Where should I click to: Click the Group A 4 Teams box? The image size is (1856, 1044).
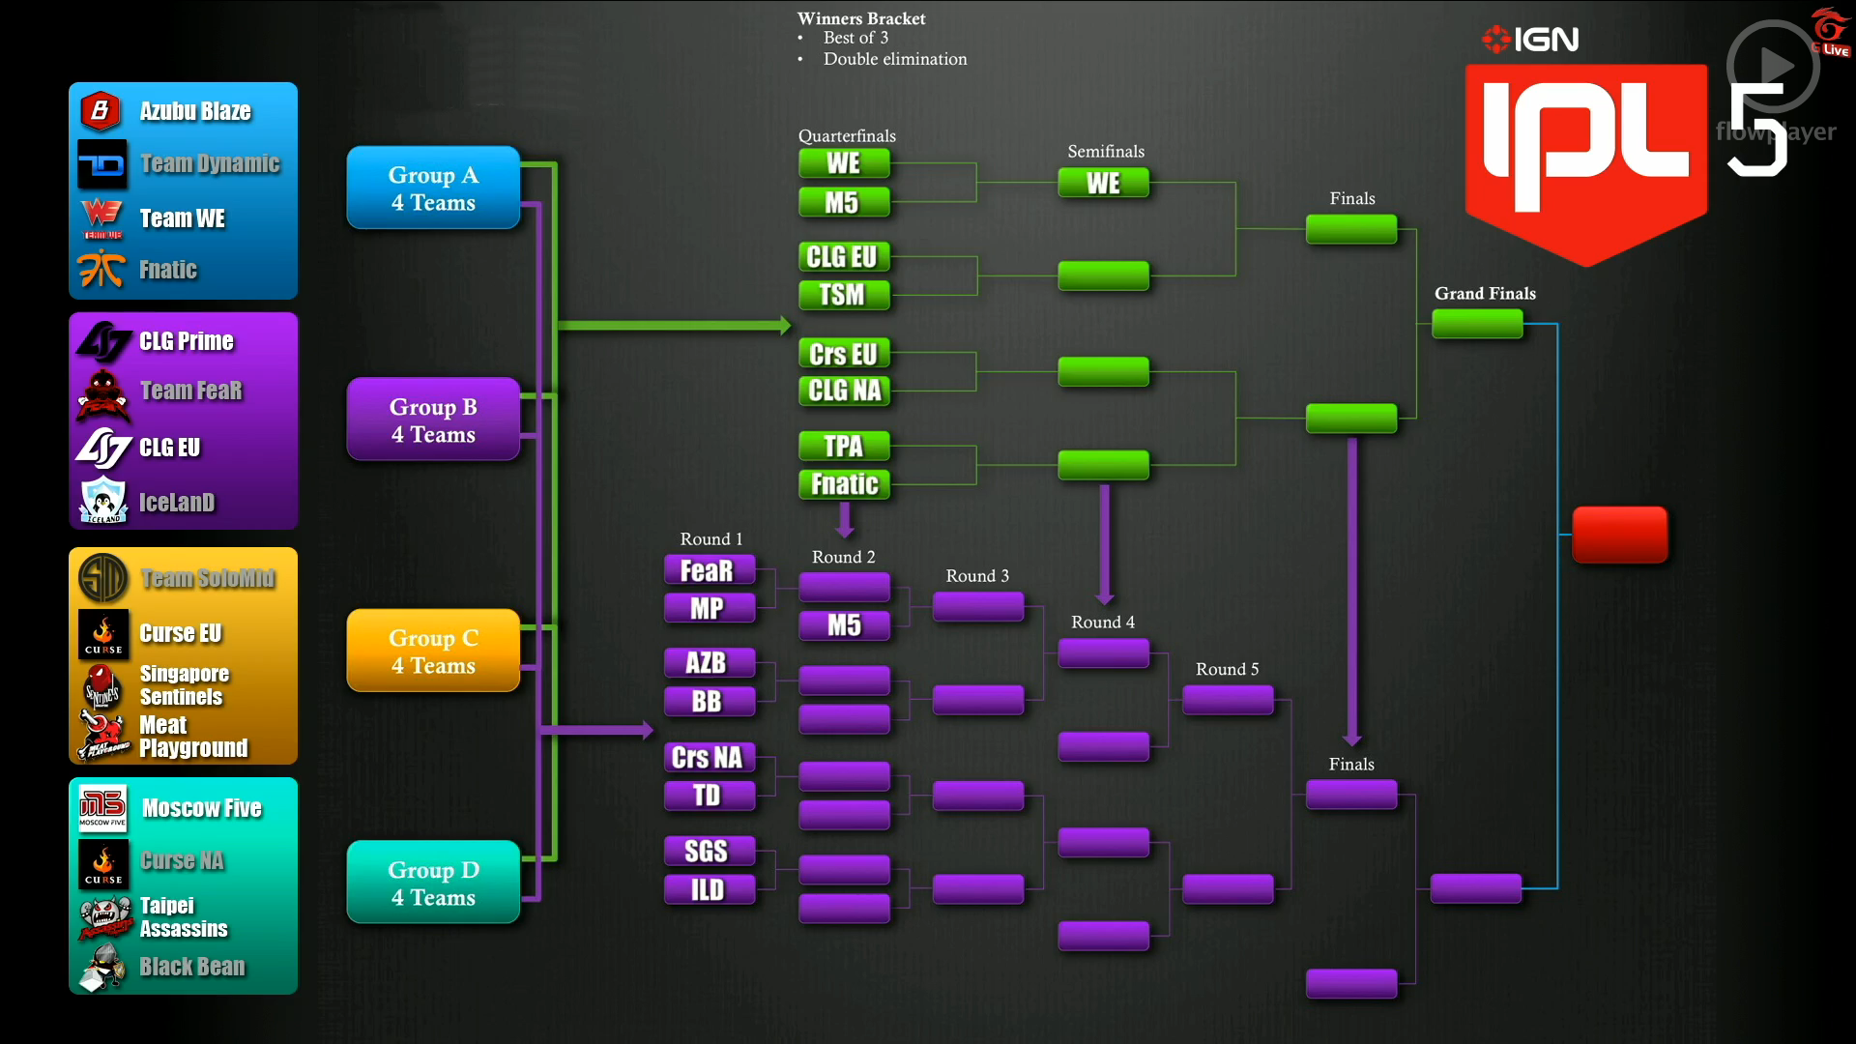pos(433,188)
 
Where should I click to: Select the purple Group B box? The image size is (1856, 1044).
pos(433,420)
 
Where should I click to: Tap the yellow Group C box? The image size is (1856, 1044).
pos(433,651)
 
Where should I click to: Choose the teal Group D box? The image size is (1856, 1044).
pos(433,883)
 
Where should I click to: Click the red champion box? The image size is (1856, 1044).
pos(1619,534)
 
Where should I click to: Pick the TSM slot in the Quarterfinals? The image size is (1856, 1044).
pos(843,295)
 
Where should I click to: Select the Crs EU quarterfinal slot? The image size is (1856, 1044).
pos(843,354)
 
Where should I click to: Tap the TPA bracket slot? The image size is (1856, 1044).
pos(843,446)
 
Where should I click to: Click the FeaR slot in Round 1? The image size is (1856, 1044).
pos(709,570)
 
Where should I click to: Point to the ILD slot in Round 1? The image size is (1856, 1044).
pos(709,889)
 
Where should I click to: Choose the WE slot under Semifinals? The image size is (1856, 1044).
pos(1103,183)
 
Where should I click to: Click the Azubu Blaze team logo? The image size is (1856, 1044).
pos(100,111)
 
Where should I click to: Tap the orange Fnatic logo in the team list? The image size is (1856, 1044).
pos(101,269)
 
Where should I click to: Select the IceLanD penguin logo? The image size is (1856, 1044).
pos(102,501)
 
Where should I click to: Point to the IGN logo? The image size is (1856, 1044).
pos(1531,39)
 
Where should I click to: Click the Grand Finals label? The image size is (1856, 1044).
pos(1485,293)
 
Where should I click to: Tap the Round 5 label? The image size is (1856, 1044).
pos(1227,669)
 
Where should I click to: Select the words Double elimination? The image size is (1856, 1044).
pos(894,59)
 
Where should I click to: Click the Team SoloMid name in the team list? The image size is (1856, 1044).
pos(208,578)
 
